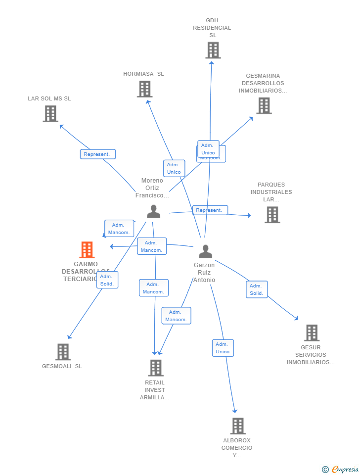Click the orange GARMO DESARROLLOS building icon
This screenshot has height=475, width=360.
[87, 250]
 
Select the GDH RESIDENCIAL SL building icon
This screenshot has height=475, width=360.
[213, 50]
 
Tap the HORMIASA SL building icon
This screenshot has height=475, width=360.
[144, 89]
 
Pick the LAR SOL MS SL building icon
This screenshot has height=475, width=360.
[50, 114]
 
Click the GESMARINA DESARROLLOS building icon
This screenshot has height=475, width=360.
[264, 105]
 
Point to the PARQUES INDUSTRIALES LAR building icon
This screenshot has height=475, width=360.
[272, 215]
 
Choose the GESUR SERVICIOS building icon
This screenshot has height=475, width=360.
[312, 333]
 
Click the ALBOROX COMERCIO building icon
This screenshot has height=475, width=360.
[238, 426]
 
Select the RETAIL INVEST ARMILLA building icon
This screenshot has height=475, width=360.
[156, 368]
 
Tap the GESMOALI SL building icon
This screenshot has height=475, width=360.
[63, 352]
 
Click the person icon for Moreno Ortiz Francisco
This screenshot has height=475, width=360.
[153, 212]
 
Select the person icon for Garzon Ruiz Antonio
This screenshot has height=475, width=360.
[205, 251]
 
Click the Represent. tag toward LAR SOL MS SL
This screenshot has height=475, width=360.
[98, 154]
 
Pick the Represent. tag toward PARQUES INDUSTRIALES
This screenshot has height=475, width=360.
[210, 210]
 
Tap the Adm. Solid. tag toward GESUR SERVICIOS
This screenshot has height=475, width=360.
[257, 289]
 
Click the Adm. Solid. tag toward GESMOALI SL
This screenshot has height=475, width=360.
[107, 280]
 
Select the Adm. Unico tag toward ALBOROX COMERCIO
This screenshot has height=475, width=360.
[223, 348]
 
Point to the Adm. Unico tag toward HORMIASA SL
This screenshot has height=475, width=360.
[174, 168]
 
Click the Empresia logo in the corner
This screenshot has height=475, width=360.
[341, 469]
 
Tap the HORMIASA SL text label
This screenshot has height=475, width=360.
[143, 74]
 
